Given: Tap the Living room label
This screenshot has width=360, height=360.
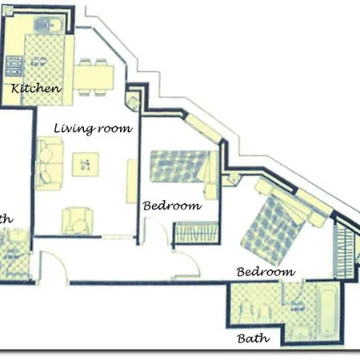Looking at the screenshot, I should (93, 127).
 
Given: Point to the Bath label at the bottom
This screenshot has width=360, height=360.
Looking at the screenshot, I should (254, 338).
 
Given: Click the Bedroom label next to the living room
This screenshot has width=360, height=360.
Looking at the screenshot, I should (171, 206).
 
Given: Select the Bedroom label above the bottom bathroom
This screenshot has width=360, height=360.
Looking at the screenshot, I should (266, 272).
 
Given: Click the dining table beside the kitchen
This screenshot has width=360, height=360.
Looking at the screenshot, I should (95, 77).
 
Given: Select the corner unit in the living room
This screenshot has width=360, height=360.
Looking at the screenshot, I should (133, 101).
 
